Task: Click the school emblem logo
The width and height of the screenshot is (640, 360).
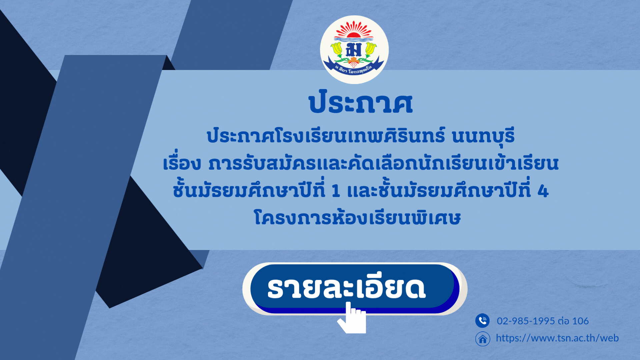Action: point(354,50)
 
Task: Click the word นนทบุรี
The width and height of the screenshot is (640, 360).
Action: point(483,136)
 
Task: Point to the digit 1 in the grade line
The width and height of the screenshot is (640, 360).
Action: point(336,191)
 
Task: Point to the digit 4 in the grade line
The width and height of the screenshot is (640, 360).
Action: point(543,191)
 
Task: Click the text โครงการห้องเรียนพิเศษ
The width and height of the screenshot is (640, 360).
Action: point(357,218)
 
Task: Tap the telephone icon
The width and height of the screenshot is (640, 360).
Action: point(482,321)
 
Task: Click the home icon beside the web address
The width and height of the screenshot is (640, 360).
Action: point(482,339)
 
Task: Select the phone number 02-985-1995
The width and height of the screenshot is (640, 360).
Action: point(526,321)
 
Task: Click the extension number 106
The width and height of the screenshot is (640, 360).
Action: point(580,321)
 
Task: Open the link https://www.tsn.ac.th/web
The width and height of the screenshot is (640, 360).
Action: point(557,338)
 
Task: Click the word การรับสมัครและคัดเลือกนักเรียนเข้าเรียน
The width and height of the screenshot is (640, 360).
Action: point(383,163)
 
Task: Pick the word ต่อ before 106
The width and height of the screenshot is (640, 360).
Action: point(564,321)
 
